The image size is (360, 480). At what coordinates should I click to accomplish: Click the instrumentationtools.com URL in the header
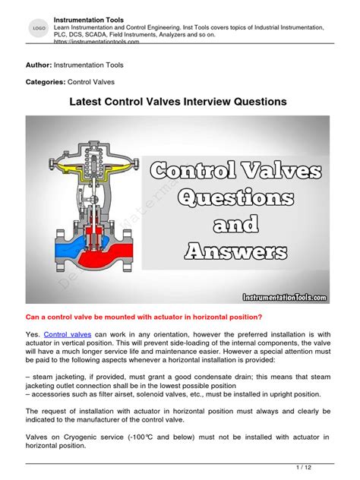[106, 43]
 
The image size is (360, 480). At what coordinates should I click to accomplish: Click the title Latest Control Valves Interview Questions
[179, 101]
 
